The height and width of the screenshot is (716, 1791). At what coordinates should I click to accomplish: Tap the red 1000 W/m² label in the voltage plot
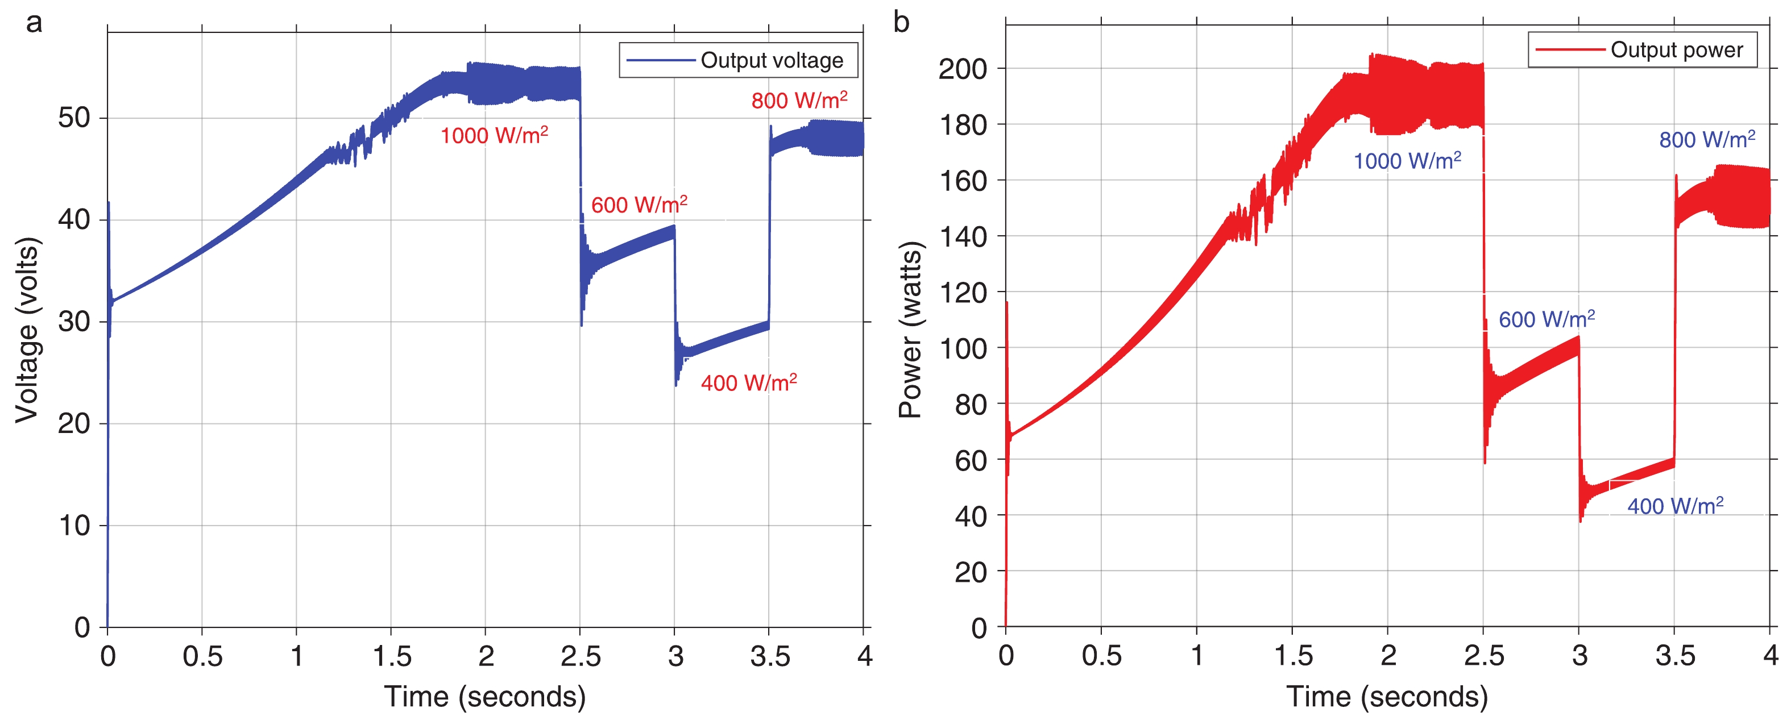pos(494,135)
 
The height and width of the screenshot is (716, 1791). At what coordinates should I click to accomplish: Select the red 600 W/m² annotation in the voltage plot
pos(639,205)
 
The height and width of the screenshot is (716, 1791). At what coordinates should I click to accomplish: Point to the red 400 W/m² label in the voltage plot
pos(749,382)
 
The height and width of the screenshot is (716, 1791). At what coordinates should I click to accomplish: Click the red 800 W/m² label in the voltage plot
pos(799,100)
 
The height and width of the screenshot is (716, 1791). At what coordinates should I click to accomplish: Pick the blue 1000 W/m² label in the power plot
pos(1407,161)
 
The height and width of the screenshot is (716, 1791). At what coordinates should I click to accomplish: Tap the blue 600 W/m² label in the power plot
pos(1547,319)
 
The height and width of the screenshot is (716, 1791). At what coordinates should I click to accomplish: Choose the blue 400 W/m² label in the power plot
pos(1675,505)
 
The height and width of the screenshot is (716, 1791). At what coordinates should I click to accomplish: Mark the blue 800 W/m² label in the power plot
pos(1707,139)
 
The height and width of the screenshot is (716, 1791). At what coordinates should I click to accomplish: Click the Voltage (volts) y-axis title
pos(28,330)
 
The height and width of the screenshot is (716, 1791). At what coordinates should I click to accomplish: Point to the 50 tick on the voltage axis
pos(74,118)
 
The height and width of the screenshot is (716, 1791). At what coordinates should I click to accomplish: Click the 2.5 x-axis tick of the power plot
pos(1484,656)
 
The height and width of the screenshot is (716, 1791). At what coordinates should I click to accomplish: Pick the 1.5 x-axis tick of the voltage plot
pos(391,656)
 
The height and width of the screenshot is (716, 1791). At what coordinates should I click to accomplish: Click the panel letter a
pos(34,22)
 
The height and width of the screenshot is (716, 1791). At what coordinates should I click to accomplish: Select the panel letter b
pos(901,22)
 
